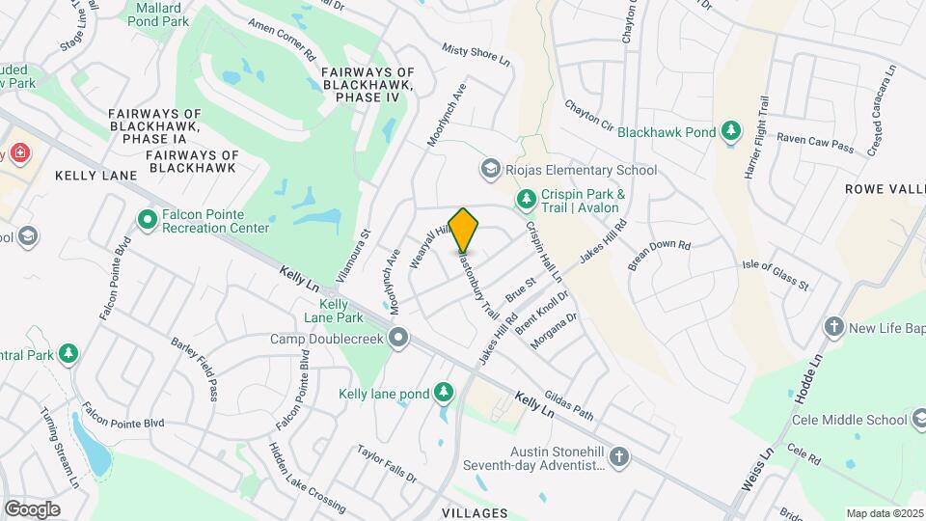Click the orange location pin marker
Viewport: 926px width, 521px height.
tap(464, 230)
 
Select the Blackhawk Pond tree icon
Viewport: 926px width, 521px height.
tap(732, 130)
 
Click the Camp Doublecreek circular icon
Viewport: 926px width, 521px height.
tap(397, 338)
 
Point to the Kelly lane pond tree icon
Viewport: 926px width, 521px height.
tap(443, 393)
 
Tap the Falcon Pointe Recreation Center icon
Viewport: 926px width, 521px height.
tap(148, 221)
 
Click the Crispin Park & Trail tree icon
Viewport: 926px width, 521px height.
tap(526, 200)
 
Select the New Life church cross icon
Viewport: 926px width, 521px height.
tap(834, 328)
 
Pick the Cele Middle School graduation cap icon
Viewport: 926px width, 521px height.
tap(923, 420)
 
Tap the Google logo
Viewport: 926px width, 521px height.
tap(32, 508)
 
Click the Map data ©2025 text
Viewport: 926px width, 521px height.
tap(885, 513)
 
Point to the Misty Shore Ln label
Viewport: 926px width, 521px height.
tap(476, 54)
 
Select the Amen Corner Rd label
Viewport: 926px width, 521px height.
tap(282, 40)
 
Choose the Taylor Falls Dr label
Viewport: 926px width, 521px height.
tap(387, 463)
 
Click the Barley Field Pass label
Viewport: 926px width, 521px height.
tap(196, 368)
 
